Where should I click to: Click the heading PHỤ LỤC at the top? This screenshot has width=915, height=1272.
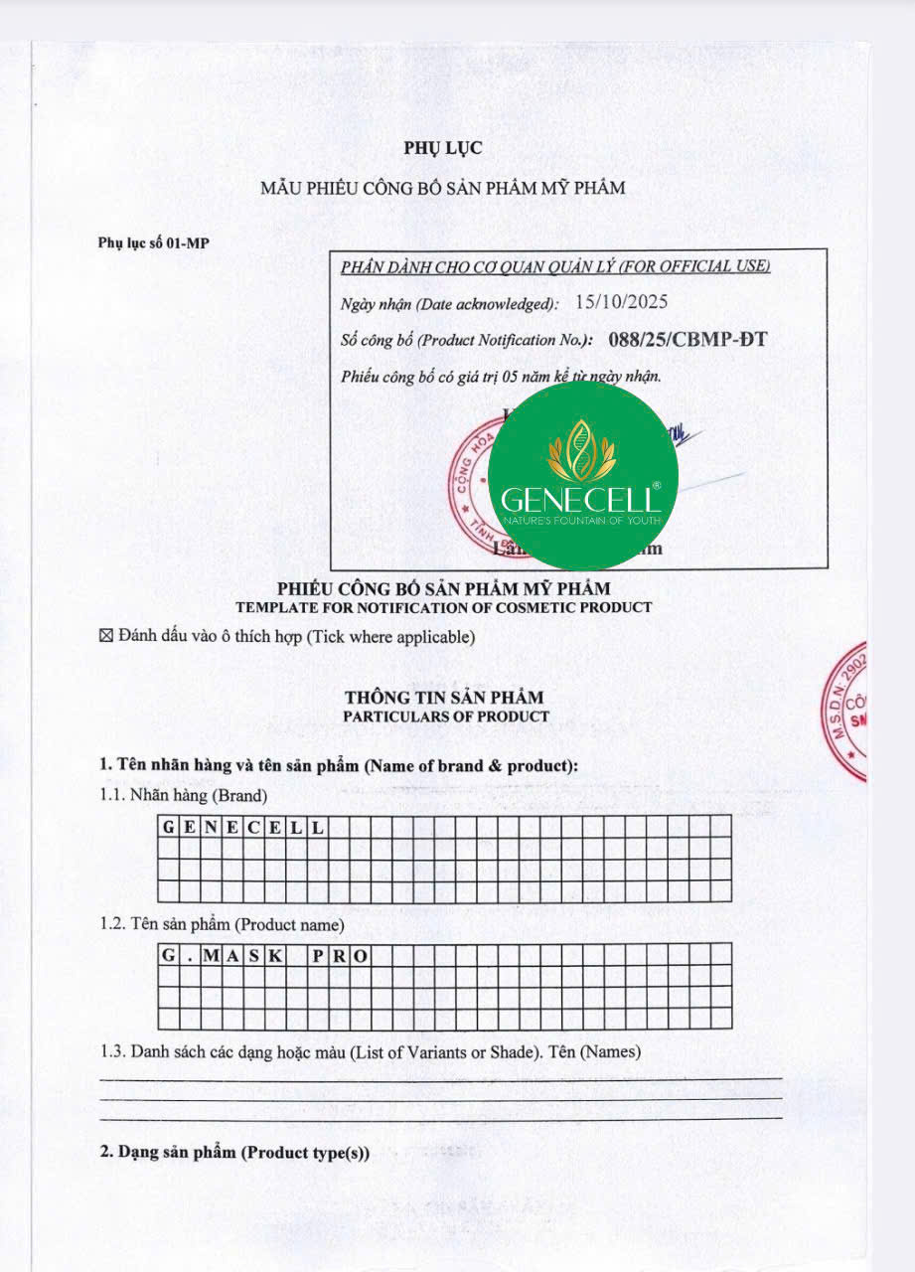pos(443,148)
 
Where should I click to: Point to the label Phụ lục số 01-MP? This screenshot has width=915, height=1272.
pos(154,242)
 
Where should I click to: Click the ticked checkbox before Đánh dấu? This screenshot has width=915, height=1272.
pos(107,636)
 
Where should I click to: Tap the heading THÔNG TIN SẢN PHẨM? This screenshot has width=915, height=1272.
pos(444,698)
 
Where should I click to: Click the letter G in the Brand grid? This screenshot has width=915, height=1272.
pos(168,826)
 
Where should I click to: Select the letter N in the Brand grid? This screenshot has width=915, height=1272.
pos(211,826)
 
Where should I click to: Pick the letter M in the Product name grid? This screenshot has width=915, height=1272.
pos(211,955)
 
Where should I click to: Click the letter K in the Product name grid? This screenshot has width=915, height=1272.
pos(274,955)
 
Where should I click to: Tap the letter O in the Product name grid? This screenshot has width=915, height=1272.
pos(360,955)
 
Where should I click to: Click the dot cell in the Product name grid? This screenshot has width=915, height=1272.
pos(189,955)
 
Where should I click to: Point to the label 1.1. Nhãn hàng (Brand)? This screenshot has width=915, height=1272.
pos(184,795)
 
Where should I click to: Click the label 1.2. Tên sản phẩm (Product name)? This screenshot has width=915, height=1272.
pos(223,924)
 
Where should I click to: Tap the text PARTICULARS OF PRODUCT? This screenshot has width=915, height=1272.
pos(446,715)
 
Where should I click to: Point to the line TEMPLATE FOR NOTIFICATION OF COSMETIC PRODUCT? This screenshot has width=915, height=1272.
pos(444,607)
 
